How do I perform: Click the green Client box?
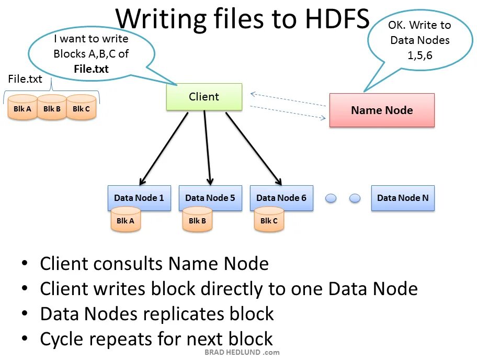coord(204,97)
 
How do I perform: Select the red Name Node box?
coord(382,110)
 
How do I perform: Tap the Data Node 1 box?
coord(139,197)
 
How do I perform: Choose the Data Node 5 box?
coord(210,197)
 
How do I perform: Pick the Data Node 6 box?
coord(281,197)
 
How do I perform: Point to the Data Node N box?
coord(403,198)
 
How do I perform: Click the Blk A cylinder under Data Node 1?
coord(126,220)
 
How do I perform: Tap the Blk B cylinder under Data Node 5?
coord(197,220)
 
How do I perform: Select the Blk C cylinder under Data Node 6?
coord(269,220)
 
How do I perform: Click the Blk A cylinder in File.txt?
coord(22,108)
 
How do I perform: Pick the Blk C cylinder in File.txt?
coord(82,108)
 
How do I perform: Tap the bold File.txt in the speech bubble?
coord(91,69)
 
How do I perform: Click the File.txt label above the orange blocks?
coord(25,79)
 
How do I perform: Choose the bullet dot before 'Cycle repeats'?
coord(25,339)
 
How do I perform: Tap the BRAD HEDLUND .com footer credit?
coord(242,353)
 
